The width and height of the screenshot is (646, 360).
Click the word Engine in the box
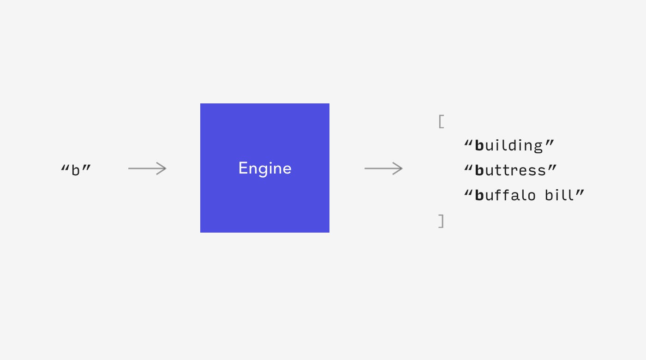[265, 168]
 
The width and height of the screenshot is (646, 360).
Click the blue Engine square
[265, 168]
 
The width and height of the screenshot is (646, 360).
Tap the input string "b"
[76, 170]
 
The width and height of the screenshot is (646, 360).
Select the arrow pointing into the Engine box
[147, 168]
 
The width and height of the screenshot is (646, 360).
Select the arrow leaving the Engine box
[383, 168]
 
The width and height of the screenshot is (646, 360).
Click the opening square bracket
[441, 121]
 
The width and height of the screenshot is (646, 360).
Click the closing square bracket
[441, 221]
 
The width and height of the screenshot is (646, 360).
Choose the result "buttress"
[510, 170]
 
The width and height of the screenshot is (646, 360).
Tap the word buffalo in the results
[505, 195]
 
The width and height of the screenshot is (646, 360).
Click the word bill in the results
[559, 195]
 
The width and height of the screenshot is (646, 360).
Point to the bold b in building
[479, 145]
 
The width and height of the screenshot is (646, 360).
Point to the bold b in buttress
[479, 170]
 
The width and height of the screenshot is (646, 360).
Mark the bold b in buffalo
[479, 195]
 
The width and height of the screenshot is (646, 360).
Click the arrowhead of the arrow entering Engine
[162, 168]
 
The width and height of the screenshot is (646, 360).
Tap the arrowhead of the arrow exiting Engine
[398, 168]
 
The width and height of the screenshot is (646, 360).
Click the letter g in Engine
[263, 170]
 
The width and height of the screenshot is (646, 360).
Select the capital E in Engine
[243, 168]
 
